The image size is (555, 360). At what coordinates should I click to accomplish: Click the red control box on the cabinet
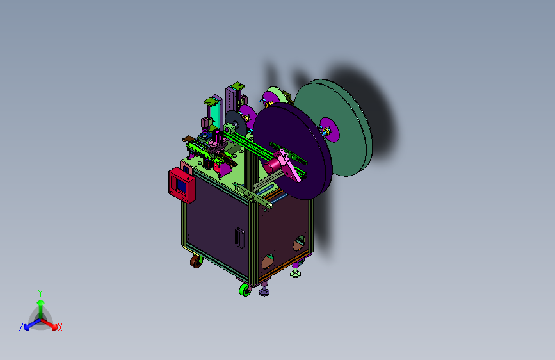[x=182, y=185]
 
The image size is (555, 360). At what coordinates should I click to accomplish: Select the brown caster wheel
[x=196, y=261]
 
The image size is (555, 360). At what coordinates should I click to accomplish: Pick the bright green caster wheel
[x=245, y=289]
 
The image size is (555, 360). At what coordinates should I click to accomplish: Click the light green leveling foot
[x=296, y=273]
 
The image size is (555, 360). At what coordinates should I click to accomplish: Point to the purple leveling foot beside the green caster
[x=264, y=291]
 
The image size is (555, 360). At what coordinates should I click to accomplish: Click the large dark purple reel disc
[x=293, y=151]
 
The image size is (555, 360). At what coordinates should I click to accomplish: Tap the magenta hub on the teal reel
[x=329, y=129]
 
